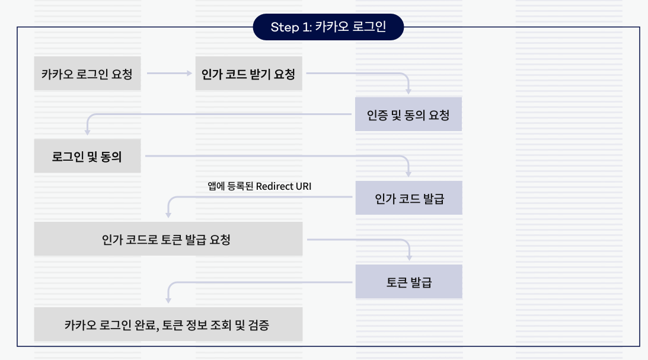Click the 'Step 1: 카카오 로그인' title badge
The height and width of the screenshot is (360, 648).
point(328,27)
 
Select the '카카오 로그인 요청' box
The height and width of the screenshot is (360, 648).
point(87,74)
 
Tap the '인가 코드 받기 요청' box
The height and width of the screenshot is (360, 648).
point(248,74)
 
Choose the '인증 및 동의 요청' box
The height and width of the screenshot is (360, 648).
point(408,114)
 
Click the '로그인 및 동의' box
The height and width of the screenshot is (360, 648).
point(87,157)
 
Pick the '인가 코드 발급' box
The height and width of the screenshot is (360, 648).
point(408,198)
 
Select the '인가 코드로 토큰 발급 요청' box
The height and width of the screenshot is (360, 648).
point(168,240)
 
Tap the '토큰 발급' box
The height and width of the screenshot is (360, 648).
point(408,282)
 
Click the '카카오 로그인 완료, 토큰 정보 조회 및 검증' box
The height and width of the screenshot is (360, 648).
point(168,324)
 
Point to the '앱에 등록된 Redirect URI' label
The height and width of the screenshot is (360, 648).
point(259,186)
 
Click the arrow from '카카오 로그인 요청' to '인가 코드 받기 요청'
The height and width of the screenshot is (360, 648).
point(169,74)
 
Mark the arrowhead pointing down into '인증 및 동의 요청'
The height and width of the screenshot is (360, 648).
point(408,91)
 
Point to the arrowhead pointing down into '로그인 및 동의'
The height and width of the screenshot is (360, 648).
point(88,132)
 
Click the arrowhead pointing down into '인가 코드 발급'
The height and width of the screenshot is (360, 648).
point(408,174)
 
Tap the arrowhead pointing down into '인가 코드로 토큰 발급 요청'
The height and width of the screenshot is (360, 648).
point(168,216)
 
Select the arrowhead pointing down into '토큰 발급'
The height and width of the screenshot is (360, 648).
point(408,258)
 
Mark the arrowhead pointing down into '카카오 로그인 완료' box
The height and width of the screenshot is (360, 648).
point(168,301)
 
